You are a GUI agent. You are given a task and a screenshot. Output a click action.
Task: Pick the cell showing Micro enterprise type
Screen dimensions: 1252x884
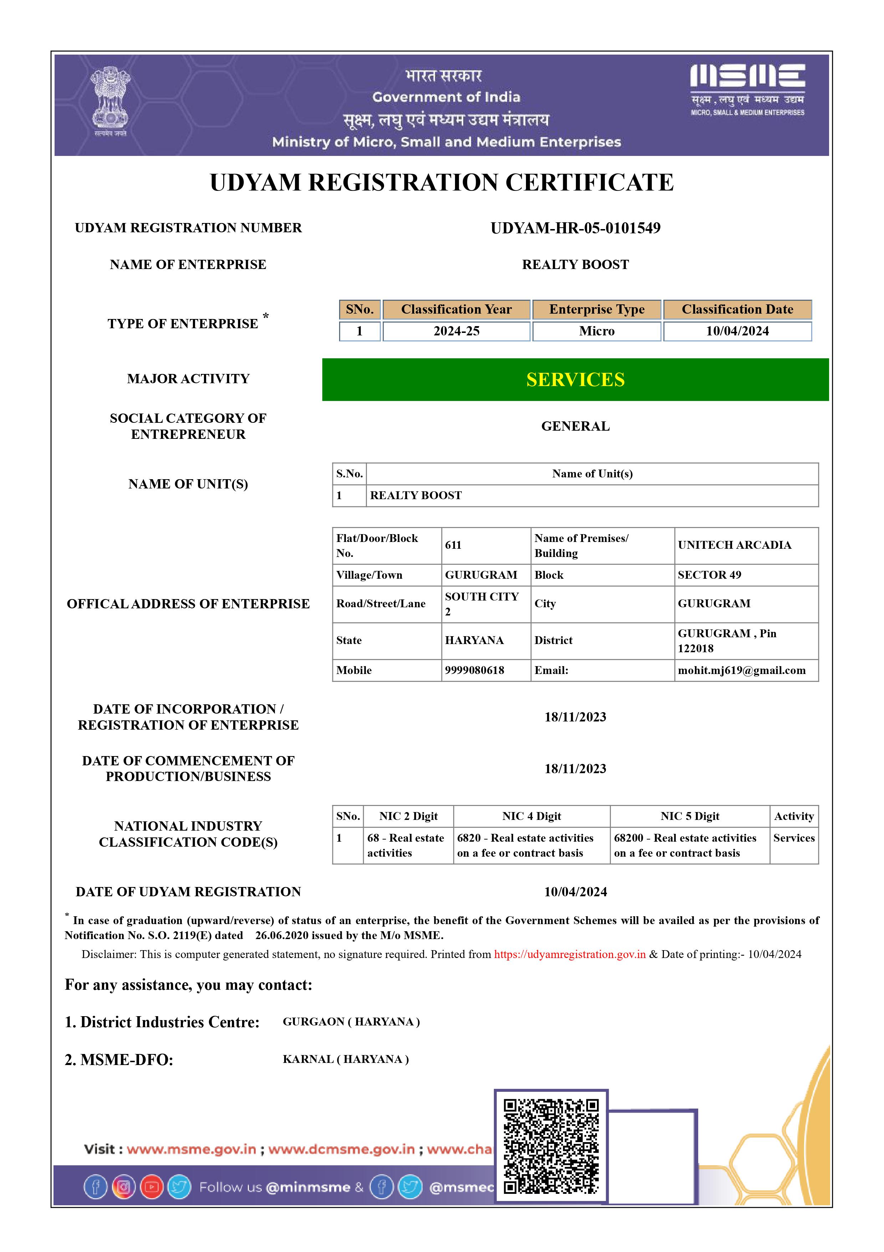coord(597,331)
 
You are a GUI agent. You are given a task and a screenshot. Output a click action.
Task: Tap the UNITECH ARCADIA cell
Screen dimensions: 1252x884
coord(734,545)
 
